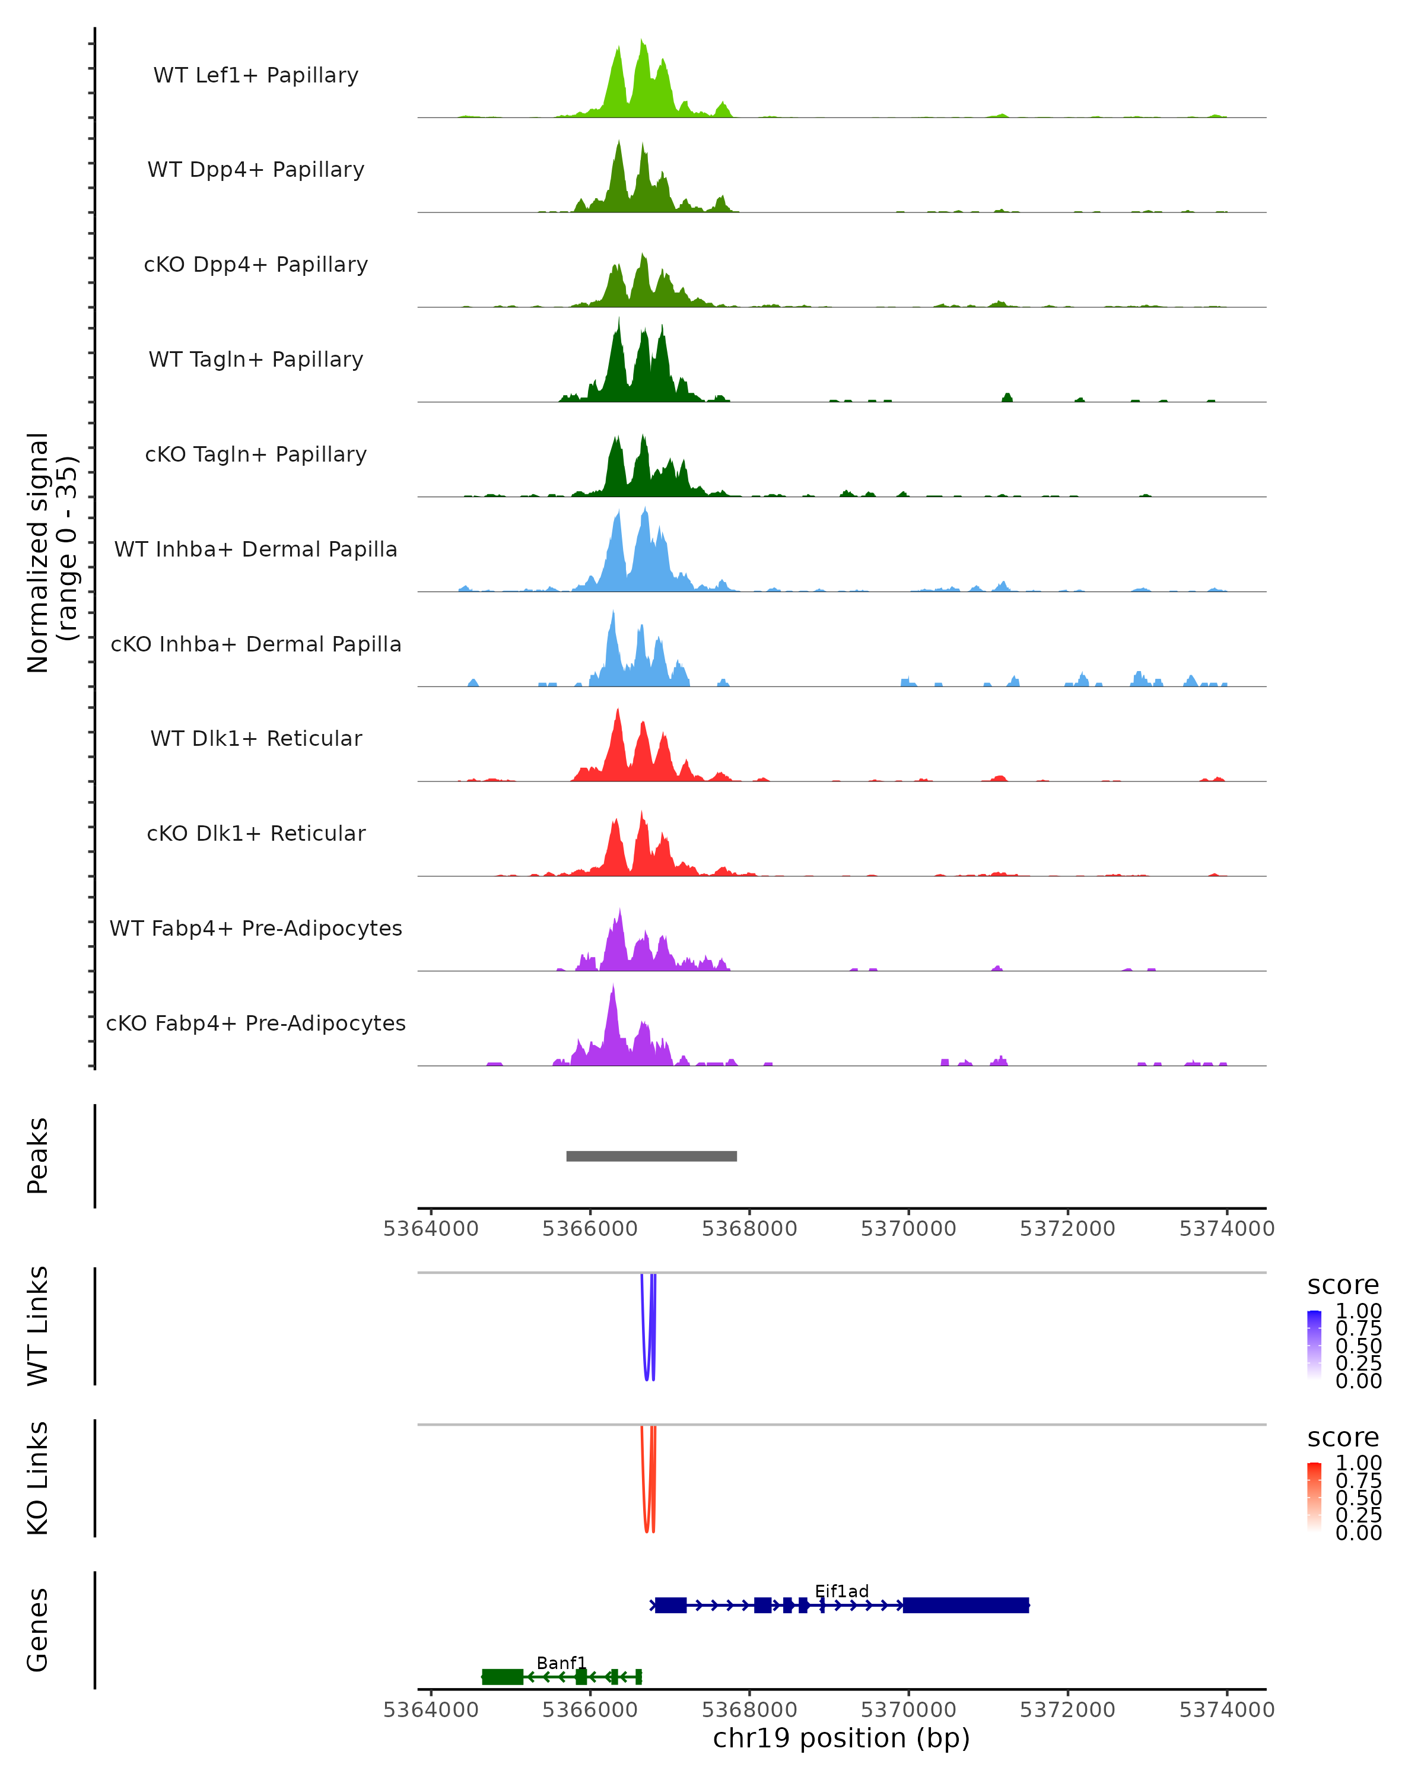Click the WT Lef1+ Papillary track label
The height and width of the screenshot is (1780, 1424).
point(256,75)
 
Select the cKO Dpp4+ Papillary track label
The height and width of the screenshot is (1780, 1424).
point(256,265)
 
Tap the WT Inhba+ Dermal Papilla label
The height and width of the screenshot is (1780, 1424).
point(256,550)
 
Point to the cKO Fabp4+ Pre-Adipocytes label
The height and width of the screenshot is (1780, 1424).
point(256,1024)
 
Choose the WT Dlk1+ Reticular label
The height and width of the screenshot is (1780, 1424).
point(256,739)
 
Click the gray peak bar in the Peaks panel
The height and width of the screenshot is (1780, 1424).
point(651,1156)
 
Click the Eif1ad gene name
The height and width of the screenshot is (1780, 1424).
point(841,1591)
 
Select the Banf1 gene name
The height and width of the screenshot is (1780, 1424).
point(561,1663)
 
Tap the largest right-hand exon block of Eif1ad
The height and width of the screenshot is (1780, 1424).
point(966,1605)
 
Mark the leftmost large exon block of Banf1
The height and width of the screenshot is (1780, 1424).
point(503,1676)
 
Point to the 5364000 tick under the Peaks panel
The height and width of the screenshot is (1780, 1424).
point(431,1229)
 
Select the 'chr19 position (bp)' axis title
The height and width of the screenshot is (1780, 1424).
point(841,1738)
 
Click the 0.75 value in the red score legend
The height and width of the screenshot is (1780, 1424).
point(1359,1480)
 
